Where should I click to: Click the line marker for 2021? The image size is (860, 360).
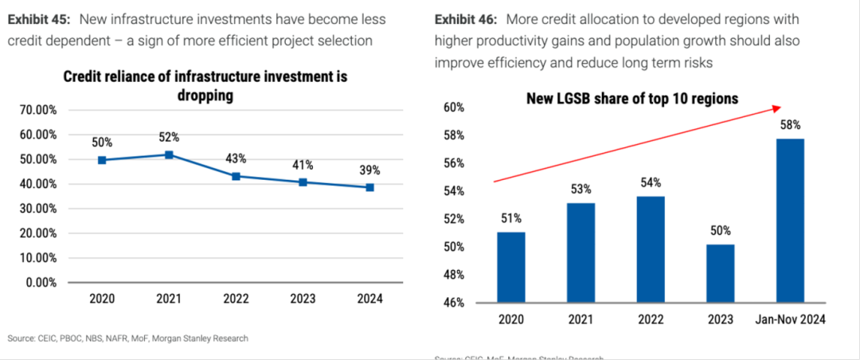point(169,155)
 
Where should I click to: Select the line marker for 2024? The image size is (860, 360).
point(370,187)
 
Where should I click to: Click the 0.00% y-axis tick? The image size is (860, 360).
point(39,283)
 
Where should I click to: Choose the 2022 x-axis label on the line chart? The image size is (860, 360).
point(236,299)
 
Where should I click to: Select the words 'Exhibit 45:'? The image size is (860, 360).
point(39,19)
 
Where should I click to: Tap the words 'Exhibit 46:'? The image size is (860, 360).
point(467,19)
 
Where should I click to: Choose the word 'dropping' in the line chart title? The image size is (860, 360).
point(205,95)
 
